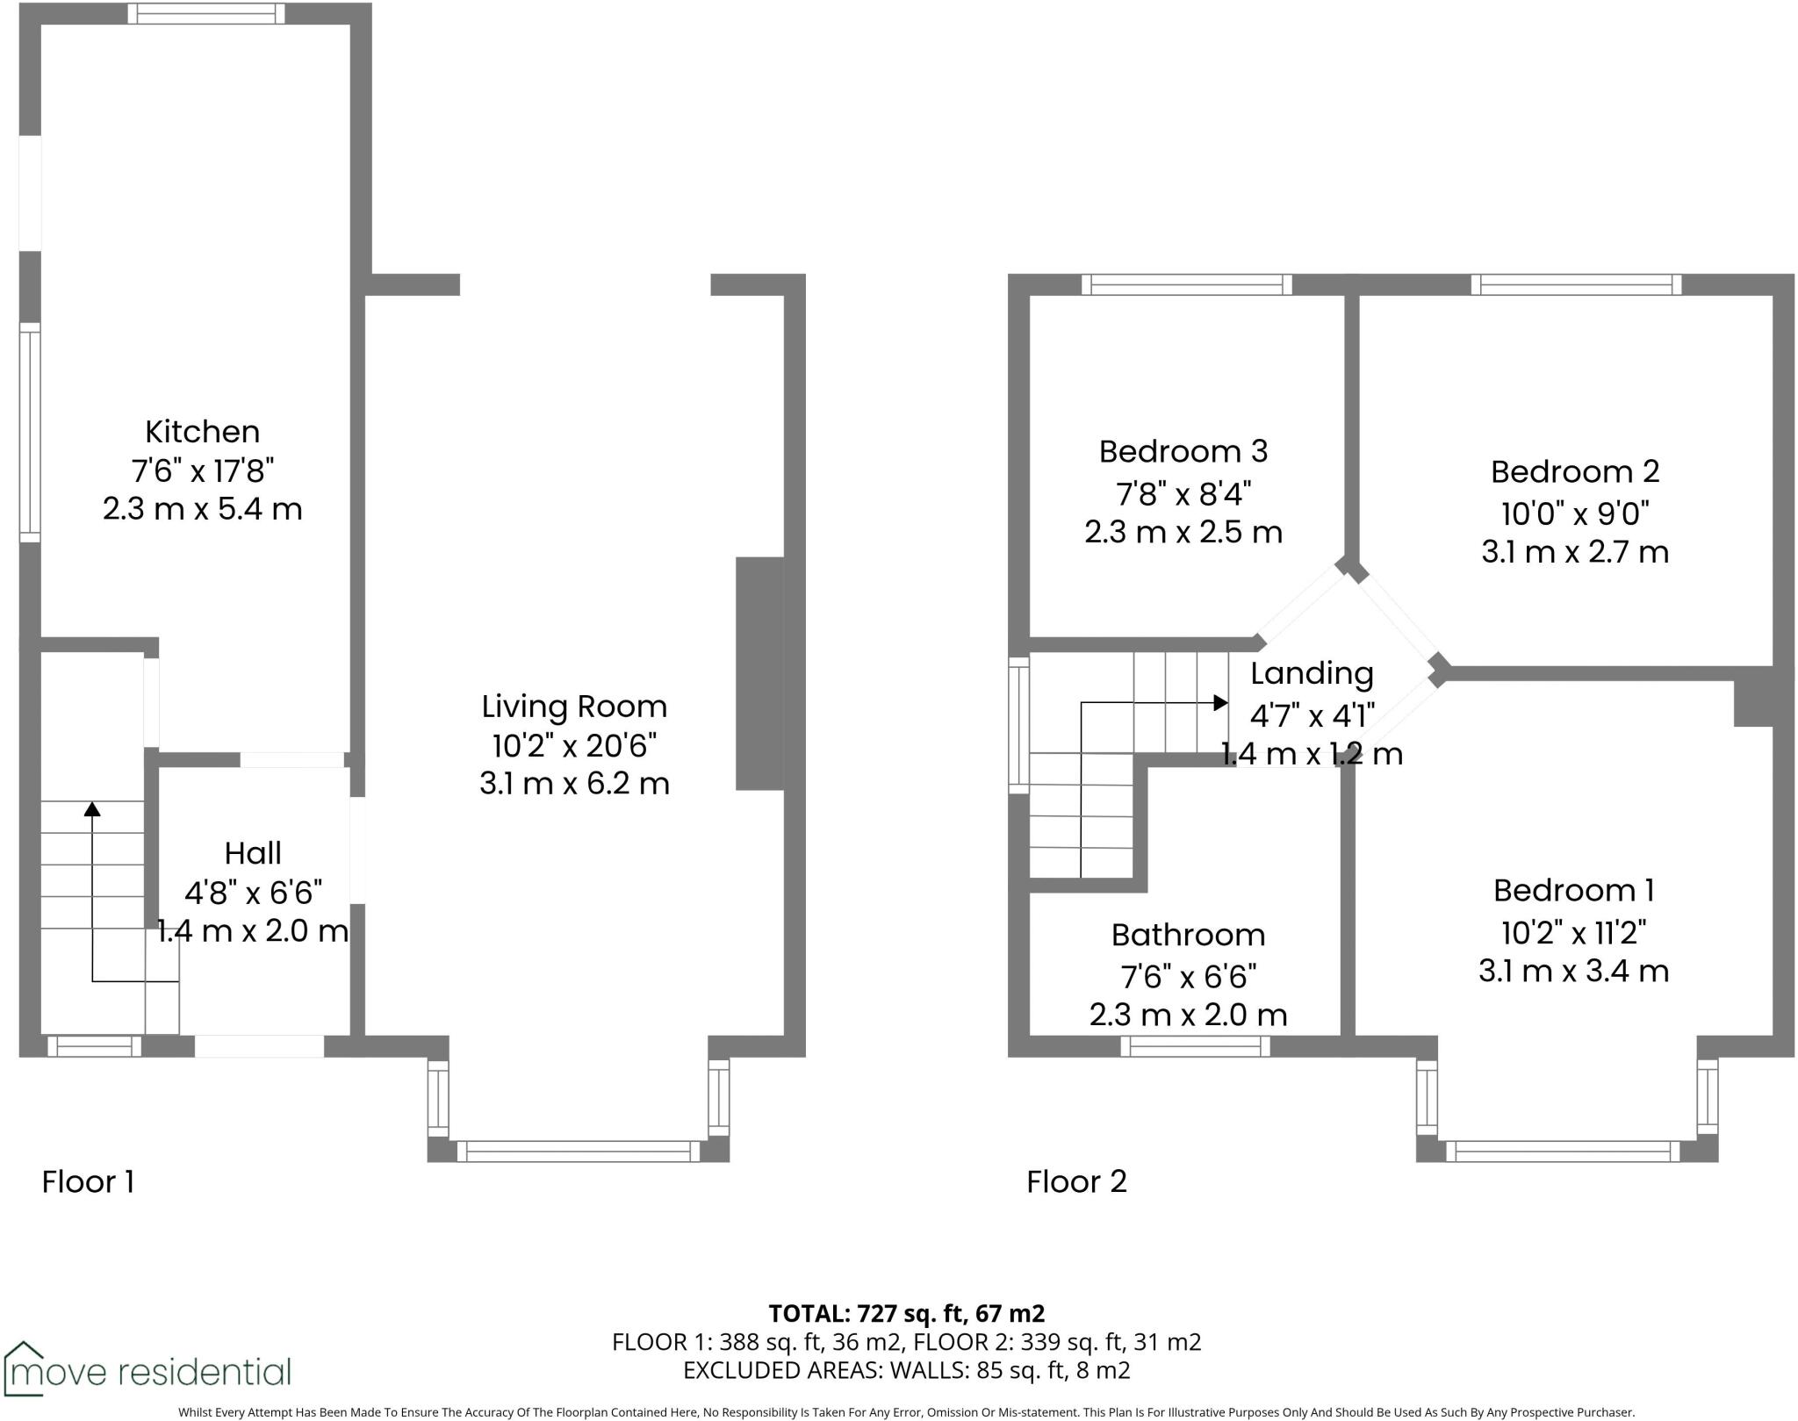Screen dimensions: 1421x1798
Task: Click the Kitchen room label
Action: coord(202,432)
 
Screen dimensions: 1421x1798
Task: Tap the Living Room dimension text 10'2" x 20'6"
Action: coord(574,745)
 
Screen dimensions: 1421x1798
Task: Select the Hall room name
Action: coord(253,853)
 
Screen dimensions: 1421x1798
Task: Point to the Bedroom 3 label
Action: coord(1183,451)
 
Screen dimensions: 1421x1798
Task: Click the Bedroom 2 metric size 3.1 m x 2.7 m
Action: coord(1574,552)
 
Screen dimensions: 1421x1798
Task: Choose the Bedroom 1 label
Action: coord(1573,890)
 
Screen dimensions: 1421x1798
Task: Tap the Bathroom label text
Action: coord(1188,935)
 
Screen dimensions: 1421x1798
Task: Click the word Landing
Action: coord(1312,673)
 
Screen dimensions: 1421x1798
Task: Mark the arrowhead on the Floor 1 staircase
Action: coord(92,808)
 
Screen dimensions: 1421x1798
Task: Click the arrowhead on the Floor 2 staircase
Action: coord(1220,702)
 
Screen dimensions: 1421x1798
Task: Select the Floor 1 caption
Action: coord(88,1181)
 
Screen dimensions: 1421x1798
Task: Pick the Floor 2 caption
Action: coord(1076,1181)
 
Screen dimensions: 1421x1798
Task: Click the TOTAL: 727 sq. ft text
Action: coord(906,1313)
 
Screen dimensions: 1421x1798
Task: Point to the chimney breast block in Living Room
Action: coord(759,673)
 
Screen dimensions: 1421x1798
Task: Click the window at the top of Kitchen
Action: coord(206,13)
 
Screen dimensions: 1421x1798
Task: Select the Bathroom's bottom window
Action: coord(1195,1045)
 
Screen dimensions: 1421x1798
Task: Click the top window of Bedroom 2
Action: coord(1576,284)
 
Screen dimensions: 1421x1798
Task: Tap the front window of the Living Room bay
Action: coord(579,1151)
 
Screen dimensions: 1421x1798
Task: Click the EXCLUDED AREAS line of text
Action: coord(906,1370)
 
